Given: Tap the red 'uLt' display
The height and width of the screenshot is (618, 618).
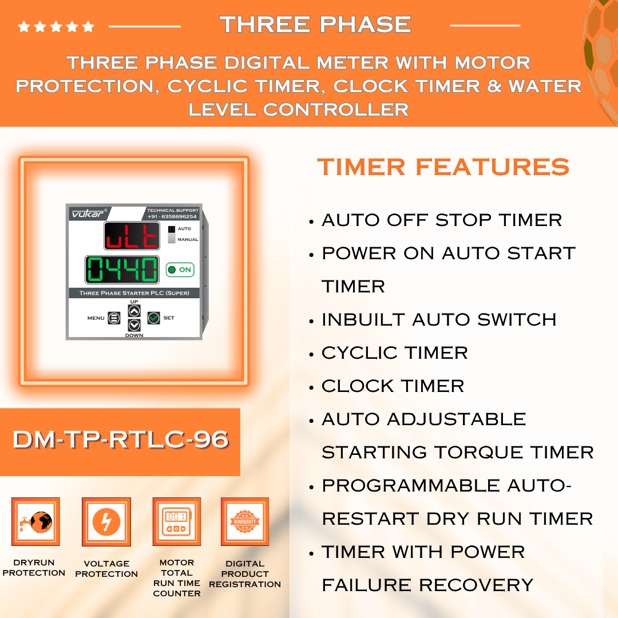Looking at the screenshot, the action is point(132,236).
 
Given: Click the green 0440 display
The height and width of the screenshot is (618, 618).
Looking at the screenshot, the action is point(122,270).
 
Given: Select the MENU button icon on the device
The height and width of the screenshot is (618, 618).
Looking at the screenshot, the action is point(114,318).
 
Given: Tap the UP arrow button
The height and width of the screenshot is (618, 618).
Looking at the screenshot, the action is point(134,311).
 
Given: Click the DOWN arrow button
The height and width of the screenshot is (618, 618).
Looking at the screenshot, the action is point(134,325).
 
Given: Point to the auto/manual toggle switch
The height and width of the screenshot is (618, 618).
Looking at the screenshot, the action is point(172,234).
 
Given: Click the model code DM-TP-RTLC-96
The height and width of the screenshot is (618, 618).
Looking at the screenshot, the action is point(121,439).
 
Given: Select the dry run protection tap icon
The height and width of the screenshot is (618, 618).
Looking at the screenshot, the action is point(35,521).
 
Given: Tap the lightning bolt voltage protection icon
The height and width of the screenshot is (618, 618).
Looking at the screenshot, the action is point(106,522).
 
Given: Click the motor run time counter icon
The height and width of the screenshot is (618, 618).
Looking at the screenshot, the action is point(177,521).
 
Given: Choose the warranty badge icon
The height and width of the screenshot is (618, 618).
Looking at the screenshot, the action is point(245,521).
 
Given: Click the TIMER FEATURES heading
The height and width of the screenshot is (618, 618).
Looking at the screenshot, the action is point(443,167).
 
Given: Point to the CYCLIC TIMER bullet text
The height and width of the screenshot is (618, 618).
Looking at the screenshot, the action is point(394,352).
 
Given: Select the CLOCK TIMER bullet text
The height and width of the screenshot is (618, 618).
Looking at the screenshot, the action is point(393,386).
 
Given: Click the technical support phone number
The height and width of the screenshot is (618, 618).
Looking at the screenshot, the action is point(172,216).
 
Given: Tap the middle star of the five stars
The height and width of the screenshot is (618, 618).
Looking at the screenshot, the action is point(56,26).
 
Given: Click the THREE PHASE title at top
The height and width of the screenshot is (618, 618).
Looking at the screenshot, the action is point(315,25).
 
